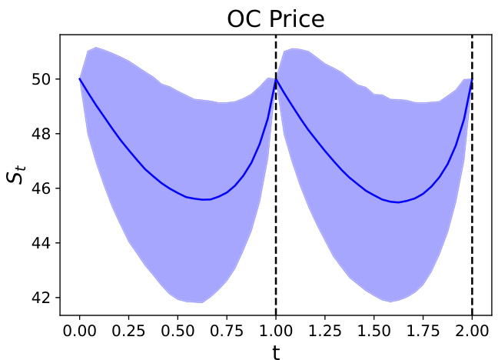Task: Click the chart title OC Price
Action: pyautogui.click(x=275, y=19)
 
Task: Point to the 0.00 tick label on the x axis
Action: pyautogui.click(x=79, y=329)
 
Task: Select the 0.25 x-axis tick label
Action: pyautogui.click(x=128, y=329)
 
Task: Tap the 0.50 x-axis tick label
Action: pyautogui.click(x=178, y=329)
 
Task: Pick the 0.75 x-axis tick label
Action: pyautogui.click(x=227, y=329)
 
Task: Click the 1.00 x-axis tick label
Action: pyautogui.click(x=276, y=329)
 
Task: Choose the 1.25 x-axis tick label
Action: pyautogui.click(x=325, y=329)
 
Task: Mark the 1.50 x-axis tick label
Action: pyautogui.click(x=373, y=329)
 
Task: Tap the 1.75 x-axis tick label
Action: pyautogui.click(x=423, y=329)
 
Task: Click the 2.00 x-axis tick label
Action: pyautogui.click(x=472, y=329)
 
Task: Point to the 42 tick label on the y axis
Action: pyautogui.click(x=43, y=298)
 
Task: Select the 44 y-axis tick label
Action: pyautogui.click(x=43, y=243)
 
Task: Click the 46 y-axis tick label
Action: pyautogui.click(x=43, y=188)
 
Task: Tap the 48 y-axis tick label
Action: pyautogui.click(x=43, y=134)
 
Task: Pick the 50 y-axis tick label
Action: pyautogui.click(x=43, y=79)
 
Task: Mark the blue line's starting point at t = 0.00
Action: pyautogui.click(x=79, y=78)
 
